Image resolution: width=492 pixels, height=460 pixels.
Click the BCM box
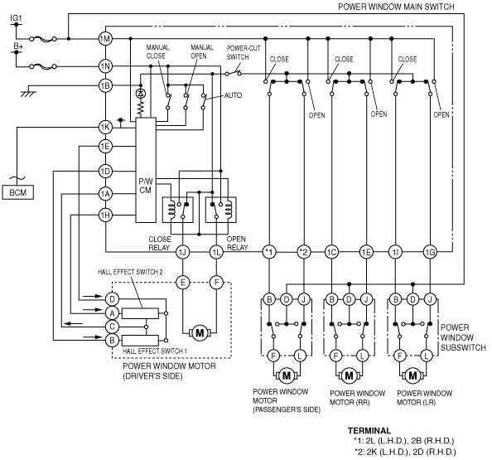(18, 192)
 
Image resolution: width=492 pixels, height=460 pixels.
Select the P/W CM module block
(146, 170)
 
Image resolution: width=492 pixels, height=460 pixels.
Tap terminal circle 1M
(105, 39)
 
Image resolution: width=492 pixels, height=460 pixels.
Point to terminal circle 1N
(105, 66)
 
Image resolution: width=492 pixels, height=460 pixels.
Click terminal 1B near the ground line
(105, 85)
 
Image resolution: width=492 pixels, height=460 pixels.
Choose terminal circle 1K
(105, 127)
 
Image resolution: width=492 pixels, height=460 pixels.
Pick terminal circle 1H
(105, 215)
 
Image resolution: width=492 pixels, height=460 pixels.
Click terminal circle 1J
(182, 252)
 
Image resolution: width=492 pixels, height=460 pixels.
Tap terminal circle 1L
(216, 252)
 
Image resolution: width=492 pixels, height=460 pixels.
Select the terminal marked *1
(269, 252)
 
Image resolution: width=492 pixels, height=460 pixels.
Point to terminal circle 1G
(430, 252)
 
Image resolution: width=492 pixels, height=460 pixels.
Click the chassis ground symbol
(28, 94)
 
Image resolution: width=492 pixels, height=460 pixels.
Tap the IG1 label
(16, 18)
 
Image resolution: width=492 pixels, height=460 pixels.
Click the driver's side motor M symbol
(200, 332)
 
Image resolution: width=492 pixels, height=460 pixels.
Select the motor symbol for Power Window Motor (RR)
(349, 375)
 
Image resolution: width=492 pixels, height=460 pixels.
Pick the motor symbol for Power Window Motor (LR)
(412, 375)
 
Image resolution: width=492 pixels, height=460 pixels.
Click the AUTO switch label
(233, 95)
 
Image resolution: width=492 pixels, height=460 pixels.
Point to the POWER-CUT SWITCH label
(244, 52)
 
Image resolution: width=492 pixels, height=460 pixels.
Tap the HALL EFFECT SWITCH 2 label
(130, 272)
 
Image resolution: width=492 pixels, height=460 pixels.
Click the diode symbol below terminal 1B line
(141, 94)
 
